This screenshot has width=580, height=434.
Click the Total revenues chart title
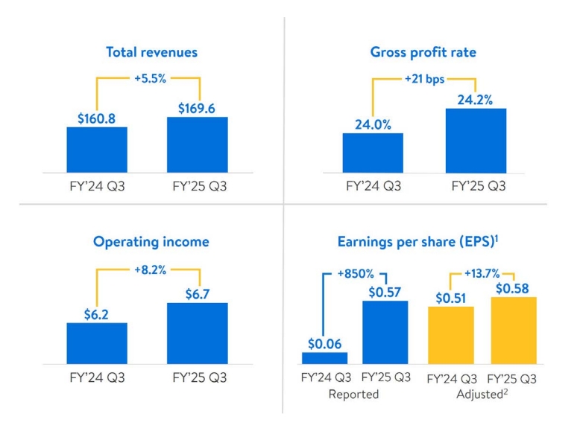click(151, 52)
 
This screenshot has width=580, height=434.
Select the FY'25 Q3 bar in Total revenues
click(197, 145)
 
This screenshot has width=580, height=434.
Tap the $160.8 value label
click(97, 118)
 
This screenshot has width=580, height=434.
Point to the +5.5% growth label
click(151, 77)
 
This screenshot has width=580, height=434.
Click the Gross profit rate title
click(423, 52)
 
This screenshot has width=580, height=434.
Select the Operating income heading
click(151, 242)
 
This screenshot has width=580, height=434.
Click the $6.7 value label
click(197, 293)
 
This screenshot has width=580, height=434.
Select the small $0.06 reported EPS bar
click(324, 357)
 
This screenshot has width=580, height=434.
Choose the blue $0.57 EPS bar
click(385, 332)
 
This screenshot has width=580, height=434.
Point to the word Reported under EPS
click(354, 395)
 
